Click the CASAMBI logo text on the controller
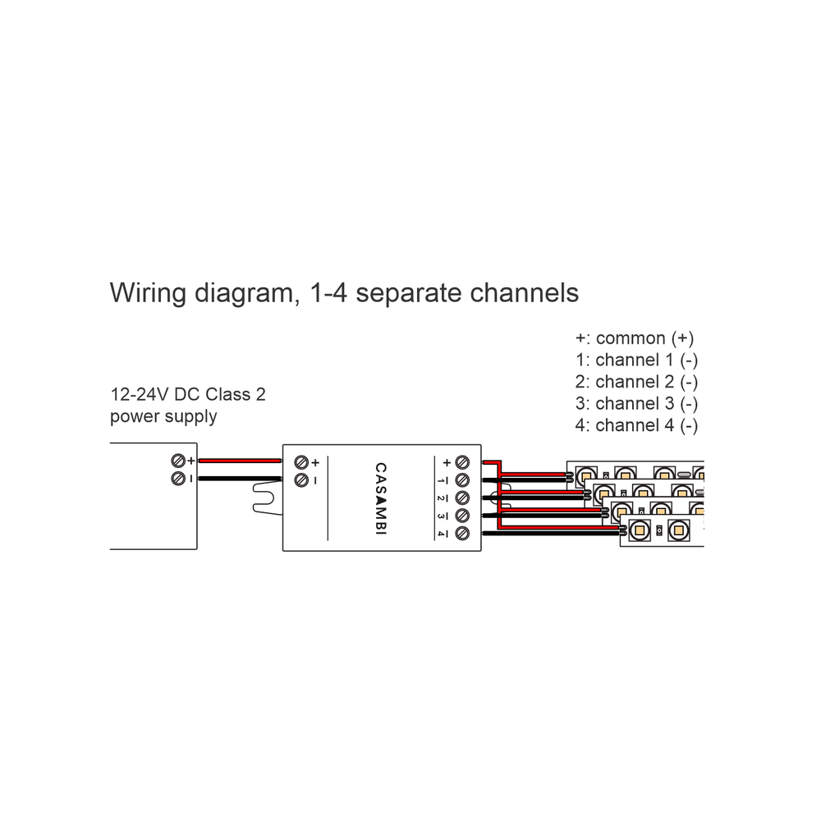[x=380, y=498]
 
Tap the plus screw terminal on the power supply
[x=177, y=461]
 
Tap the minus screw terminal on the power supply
[x=177, y=478]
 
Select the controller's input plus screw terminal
[x=300, y=462]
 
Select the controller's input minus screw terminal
[x=300, y=479]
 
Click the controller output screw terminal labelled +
[x=462, y=462]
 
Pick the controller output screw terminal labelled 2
[x=462, y=498]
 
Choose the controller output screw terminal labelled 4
[x=462, y=534]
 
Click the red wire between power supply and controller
[x=239, y=461]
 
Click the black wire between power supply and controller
[x=239, y=479]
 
